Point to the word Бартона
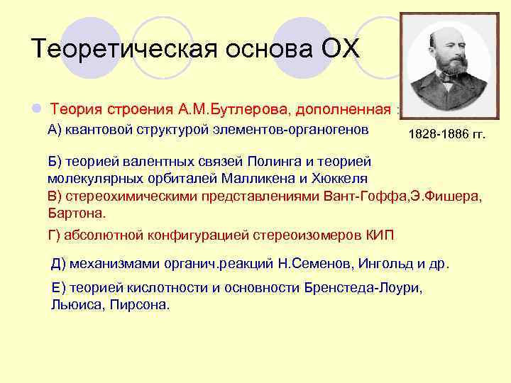76,212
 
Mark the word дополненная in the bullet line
344,110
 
